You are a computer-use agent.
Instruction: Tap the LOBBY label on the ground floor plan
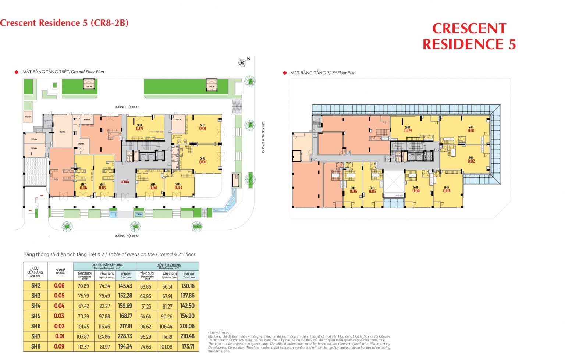click(x=125, y=182)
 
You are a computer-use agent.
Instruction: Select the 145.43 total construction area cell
click(x=125, y=286)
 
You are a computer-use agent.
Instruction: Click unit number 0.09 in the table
click(x=59, y=346)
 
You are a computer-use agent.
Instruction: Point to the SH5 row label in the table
click(x=36, y=316)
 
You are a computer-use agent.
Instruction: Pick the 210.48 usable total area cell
click(x=188, y=336)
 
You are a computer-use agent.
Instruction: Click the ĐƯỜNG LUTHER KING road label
click(x=263, y=137)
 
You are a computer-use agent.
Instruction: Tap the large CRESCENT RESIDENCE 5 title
click(x=469, y=36)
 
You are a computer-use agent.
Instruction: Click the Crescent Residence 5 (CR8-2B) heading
click(x=64, y=23)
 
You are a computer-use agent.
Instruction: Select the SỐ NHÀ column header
click(x=61, y=271)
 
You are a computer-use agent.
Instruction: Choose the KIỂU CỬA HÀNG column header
click(x=35, y=271)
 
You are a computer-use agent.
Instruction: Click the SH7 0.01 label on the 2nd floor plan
click(x=471, y=129)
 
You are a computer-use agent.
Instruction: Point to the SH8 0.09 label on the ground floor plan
click(x=139, y=127)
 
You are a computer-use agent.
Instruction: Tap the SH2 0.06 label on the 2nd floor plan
click(x=353, y=190)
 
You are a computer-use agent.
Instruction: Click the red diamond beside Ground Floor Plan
click(x=16, y=72)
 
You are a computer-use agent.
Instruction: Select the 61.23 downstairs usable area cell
click(x=146, y=306)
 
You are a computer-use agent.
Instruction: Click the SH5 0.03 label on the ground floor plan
click(x=178, y=186)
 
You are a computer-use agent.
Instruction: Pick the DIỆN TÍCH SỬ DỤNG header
click(x=168, y=266)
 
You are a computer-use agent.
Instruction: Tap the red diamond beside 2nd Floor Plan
click(x=284, y=73)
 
